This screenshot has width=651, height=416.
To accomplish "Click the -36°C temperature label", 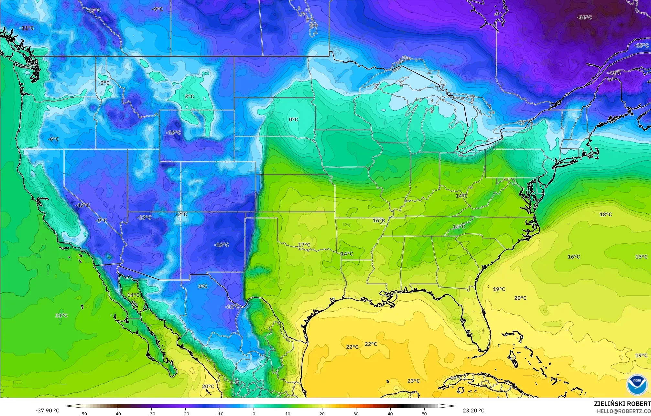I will [584, 17].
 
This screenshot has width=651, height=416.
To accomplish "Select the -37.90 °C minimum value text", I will [48, 411].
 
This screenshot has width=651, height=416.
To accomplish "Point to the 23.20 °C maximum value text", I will [473, 411].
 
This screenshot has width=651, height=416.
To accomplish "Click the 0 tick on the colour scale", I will [254, 413].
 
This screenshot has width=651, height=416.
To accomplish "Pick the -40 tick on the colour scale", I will [117, 413].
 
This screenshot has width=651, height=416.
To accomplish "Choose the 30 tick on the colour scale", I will [356, 413].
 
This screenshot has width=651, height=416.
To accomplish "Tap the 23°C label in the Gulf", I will [413, 381].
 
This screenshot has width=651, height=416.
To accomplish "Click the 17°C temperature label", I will [304, 245].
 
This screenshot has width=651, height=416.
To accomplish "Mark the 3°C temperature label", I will [189, 96].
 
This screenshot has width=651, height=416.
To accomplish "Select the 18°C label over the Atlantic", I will [606, 214].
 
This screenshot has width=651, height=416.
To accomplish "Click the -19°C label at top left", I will [93, 10].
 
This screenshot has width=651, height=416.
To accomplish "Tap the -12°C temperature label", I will [83, 205].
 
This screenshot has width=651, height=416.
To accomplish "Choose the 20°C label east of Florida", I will [520, 298].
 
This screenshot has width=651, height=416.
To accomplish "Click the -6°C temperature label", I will [53, 139].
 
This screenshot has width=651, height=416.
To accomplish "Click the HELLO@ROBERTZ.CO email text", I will [624, 411].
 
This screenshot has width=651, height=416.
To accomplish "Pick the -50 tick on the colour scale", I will [83, 413].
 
